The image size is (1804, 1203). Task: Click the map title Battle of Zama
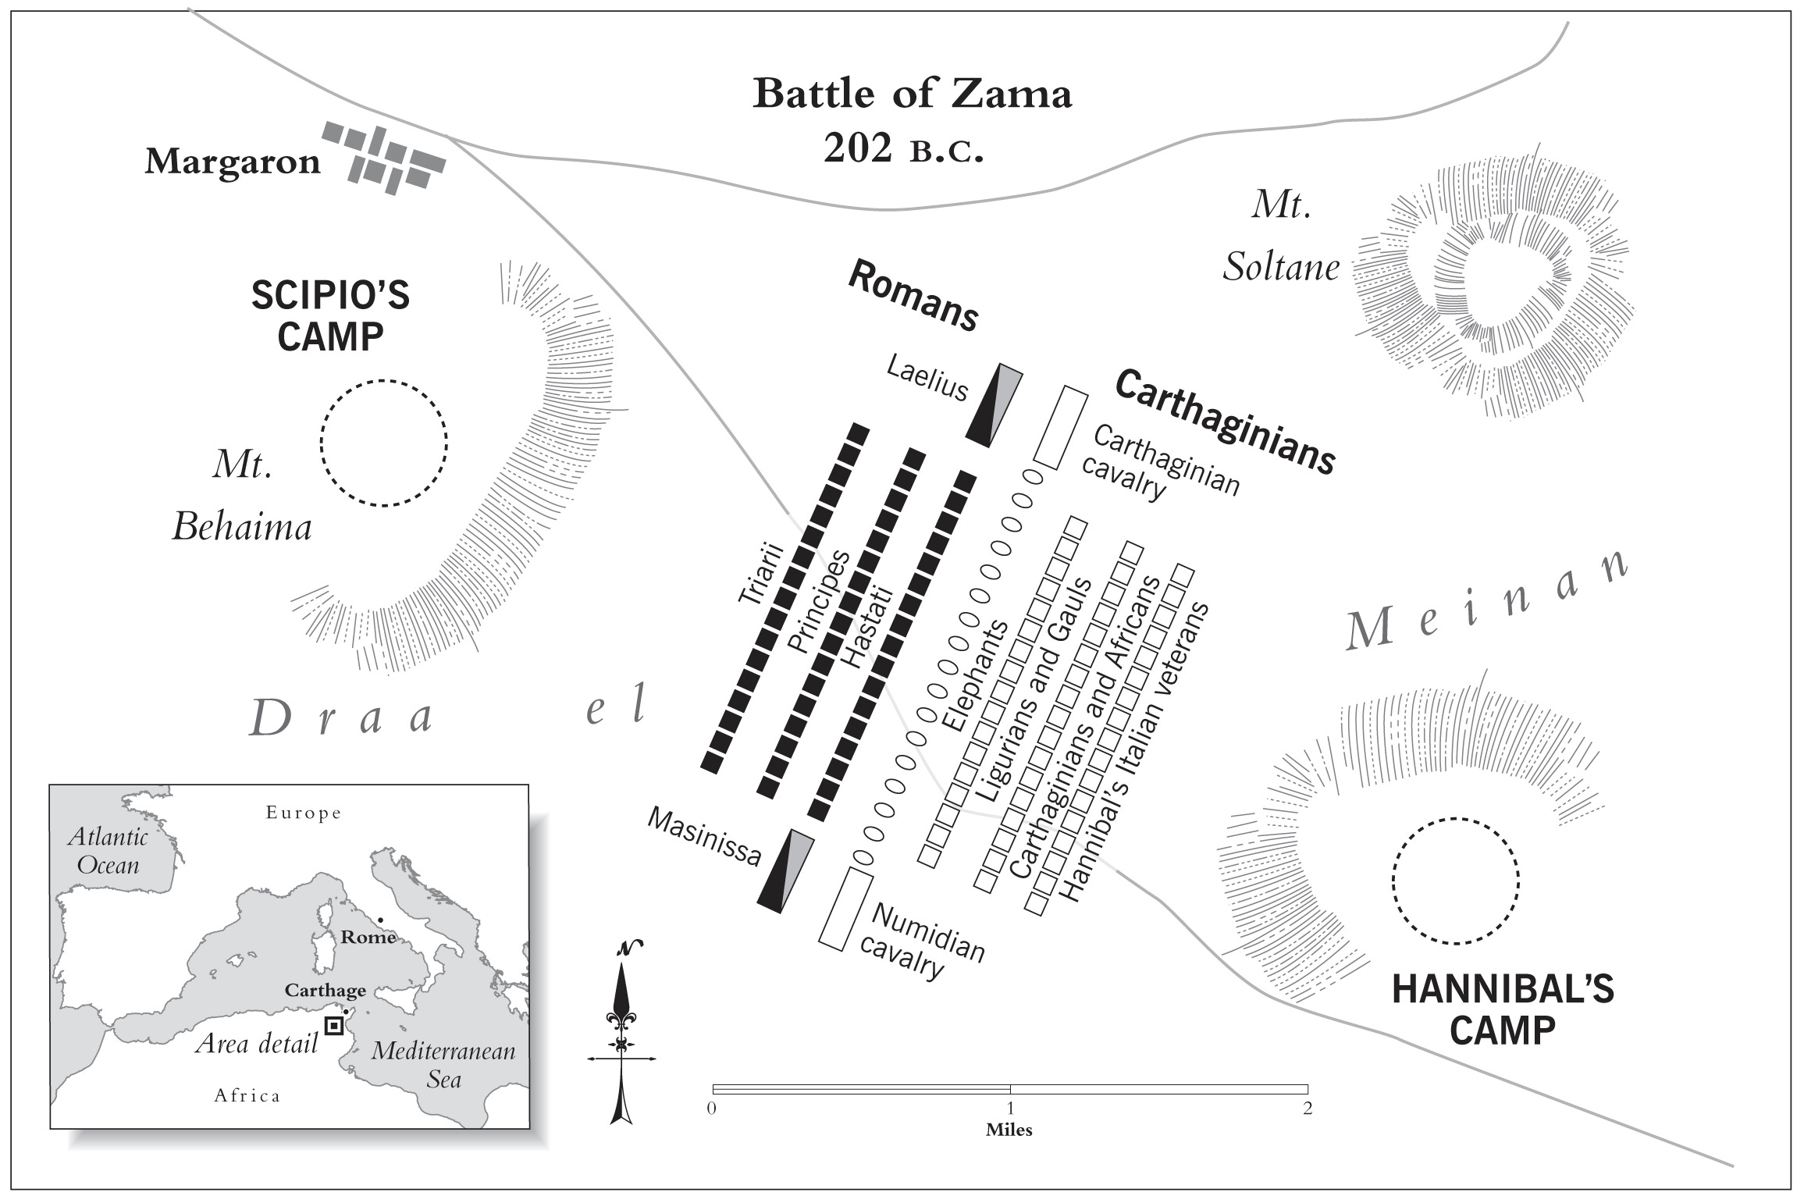(x=912, y=94)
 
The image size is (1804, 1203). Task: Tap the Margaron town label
(x=233, y=162)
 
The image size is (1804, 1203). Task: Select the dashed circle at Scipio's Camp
(x=383, y=443)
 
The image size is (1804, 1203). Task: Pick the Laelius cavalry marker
(x=994, y=405)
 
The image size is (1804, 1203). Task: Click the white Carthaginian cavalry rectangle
(x=1060, y=428)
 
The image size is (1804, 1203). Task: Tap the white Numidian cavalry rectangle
(x=845, y=908)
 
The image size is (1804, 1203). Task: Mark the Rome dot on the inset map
(x=380, y=920)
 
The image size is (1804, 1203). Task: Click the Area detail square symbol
(x=334, y=1026)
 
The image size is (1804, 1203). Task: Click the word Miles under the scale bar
(x=1009, y=1130)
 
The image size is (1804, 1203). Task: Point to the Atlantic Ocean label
(x=108, y=851)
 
